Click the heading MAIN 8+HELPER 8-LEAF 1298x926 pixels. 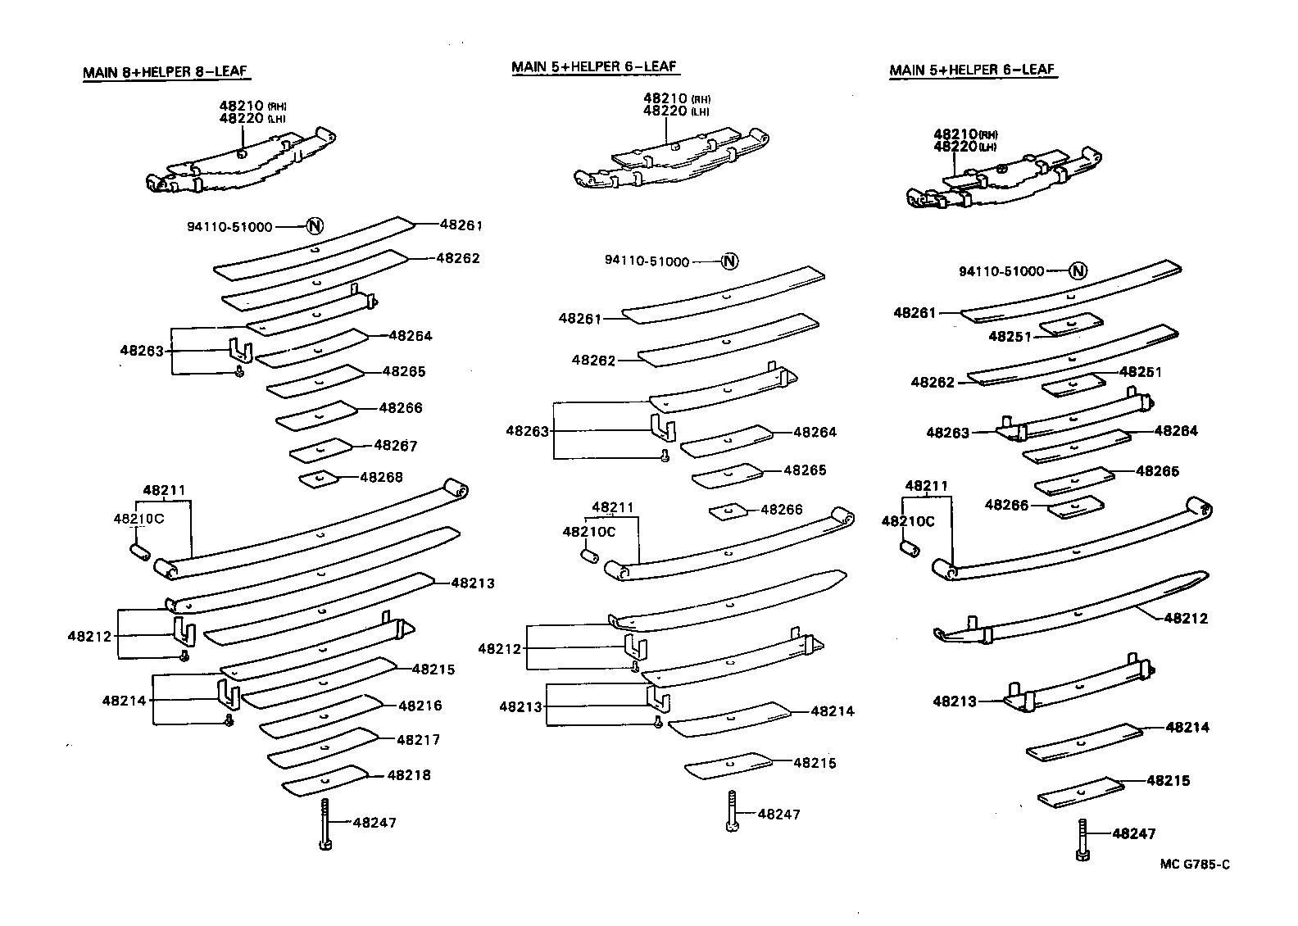tap(165, 72)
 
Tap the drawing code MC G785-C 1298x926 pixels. tap(1194, 865)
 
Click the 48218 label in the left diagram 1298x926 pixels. tap(409, 774)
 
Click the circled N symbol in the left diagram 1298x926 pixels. tap(314, 227)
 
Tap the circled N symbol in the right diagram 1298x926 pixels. tap(1078, 271)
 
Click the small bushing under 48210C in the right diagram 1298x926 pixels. tap(907, 547)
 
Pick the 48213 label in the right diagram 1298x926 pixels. tap(955, 701)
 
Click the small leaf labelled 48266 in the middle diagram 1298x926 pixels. tap(728, 511)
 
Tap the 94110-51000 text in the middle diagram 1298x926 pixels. tap(647, 261)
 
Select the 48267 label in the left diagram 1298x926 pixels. tap(396, 446)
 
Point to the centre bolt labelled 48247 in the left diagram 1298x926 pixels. tap(324, 824)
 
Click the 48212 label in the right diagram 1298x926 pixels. tap(1186, 619)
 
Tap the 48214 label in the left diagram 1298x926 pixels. tap(124, 700)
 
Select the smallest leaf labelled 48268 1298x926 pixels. tap(319, 478)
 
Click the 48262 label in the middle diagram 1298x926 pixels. tap(593, 360)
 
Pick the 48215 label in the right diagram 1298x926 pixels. tap(1168, 781)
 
